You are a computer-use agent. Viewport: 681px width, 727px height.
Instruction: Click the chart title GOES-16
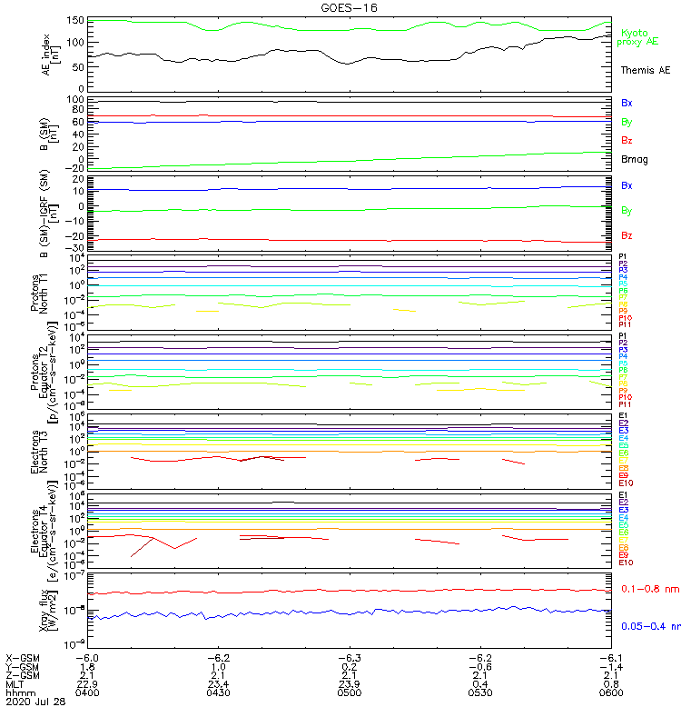tap(349, 7)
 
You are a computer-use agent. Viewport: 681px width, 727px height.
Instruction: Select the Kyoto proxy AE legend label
tap(637, 36)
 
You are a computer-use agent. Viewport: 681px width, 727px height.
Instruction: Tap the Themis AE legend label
tap(644, 70)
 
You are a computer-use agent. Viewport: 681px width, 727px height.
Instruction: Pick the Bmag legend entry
tap(634, 159)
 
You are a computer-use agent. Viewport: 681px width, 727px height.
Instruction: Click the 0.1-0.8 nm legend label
tap(647, 589)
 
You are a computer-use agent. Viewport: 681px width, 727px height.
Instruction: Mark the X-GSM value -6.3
tap(350, 656)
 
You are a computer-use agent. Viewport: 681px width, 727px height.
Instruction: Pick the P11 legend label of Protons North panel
tap(624, 324)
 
